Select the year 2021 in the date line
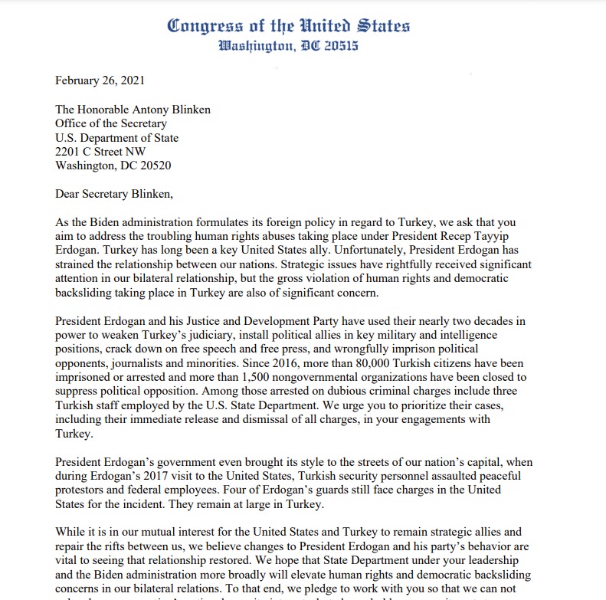coord(131,80)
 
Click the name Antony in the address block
coord(149,110)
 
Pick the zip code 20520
coord(152,166)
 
